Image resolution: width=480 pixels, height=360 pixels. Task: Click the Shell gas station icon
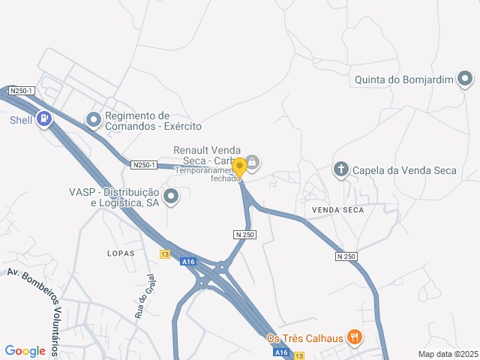point(46,119)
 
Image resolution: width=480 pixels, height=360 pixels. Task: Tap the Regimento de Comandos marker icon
point(94,119)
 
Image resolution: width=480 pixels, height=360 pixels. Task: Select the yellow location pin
point(239,167)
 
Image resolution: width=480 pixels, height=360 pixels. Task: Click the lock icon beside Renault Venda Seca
point(253,160)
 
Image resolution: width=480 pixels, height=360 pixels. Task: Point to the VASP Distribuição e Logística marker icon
point(172,197)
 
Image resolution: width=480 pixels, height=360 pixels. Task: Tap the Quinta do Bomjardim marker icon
point(465,78)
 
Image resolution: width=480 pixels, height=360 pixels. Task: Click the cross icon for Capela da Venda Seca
point(340,169)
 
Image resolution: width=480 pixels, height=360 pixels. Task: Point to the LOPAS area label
point(121,253)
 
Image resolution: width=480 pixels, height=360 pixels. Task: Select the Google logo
point(25,350)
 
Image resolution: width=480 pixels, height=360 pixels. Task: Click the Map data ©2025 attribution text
point(448,354)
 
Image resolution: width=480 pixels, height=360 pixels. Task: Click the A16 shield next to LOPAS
point(187,262)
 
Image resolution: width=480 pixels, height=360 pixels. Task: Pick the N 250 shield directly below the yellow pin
point(244,235)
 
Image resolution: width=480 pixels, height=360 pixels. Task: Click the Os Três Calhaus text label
point(305,338)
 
